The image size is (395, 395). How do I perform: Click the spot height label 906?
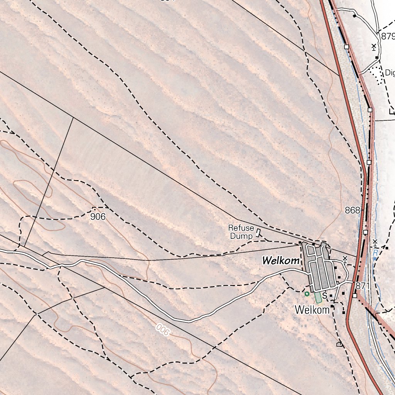coord(98,217)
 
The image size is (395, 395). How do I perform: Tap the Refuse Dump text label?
coord(241,232)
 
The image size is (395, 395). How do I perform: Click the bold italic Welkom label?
coord(280,261)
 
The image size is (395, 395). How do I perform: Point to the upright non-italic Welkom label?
coord(312,310)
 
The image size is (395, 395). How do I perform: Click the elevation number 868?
coord(353,211)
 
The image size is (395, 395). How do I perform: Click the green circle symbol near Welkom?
coord(307,294)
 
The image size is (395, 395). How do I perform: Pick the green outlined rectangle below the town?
coord(318,297)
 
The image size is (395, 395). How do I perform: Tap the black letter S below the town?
coord(325,296)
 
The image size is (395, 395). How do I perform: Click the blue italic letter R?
coord(375,253)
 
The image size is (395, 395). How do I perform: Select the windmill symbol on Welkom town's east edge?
coord(345,259)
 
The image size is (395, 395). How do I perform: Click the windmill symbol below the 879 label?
coord(374,47)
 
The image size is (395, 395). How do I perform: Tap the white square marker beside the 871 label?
coord(354,295)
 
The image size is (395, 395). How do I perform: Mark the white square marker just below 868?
coord(365,232)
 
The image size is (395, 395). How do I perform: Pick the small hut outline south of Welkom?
coord(339,344)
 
